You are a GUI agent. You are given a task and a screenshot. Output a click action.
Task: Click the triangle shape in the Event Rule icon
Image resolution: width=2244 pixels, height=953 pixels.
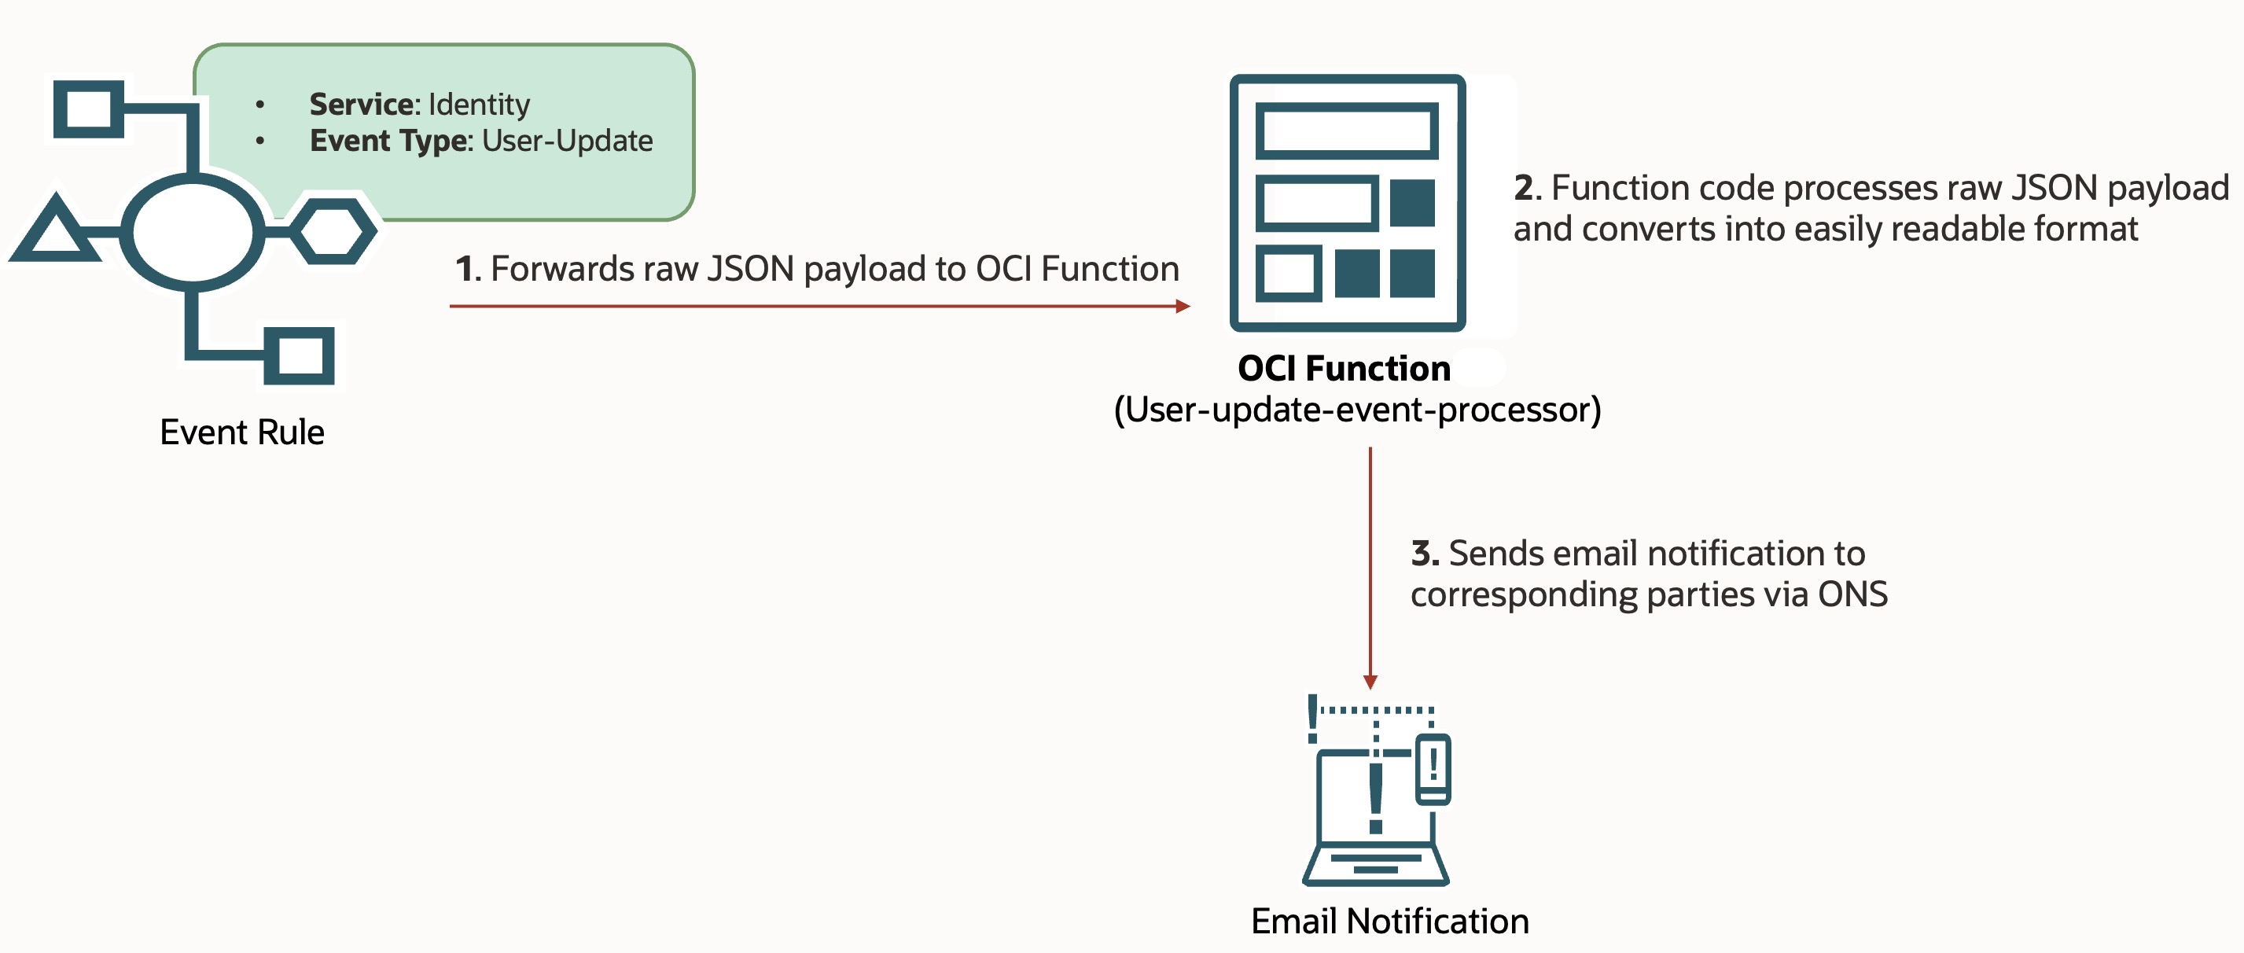(55, 231)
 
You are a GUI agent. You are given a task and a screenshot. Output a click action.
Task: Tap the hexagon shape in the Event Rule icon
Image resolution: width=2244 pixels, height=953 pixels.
(333, 231)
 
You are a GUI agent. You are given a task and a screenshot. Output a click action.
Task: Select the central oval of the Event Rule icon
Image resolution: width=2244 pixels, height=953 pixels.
(193, 232)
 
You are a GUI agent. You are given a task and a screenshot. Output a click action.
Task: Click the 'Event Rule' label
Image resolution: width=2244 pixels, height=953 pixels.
(241, 432)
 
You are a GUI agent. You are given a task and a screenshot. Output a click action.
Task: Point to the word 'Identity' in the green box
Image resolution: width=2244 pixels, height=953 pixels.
(478, 105)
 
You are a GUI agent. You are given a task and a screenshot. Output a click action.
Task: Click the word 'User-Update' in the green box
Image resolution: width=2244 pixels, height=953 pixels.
(567, 141)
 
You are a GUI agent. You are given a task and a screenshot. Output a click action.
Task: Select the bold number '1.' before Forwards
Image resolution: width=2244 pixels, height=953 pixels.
(468, 269)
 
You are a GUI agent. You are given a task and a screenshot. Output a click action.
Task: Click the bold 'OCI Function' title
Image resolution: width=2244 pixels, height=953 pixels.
(1343, 369)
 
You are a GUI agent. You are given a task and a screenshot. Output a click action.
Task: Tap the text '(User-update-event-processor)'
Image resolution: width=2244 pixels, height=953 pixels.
(1357, 410)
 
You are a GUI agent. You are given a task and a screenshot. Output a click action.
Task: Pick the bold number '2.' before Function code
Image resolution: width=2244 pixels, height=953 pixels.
(1527, 188)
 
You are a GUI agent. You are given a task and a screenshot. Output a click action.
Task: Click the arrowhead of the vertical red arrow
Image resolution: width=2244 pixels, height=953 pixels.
(1370, 682)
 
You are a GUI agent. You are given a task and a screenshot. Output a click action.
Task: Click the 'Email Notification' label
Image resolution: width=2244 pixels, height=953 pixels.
(1389, 921)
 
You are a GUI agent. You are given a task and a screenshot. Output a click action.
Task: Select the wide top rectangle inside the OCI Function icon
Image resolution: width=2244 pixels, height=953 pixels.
(1347, 131)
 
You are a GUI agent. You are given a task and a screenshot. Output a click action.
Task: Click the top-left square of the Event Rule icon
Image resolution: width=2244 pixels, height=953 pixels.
(88, 109)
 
